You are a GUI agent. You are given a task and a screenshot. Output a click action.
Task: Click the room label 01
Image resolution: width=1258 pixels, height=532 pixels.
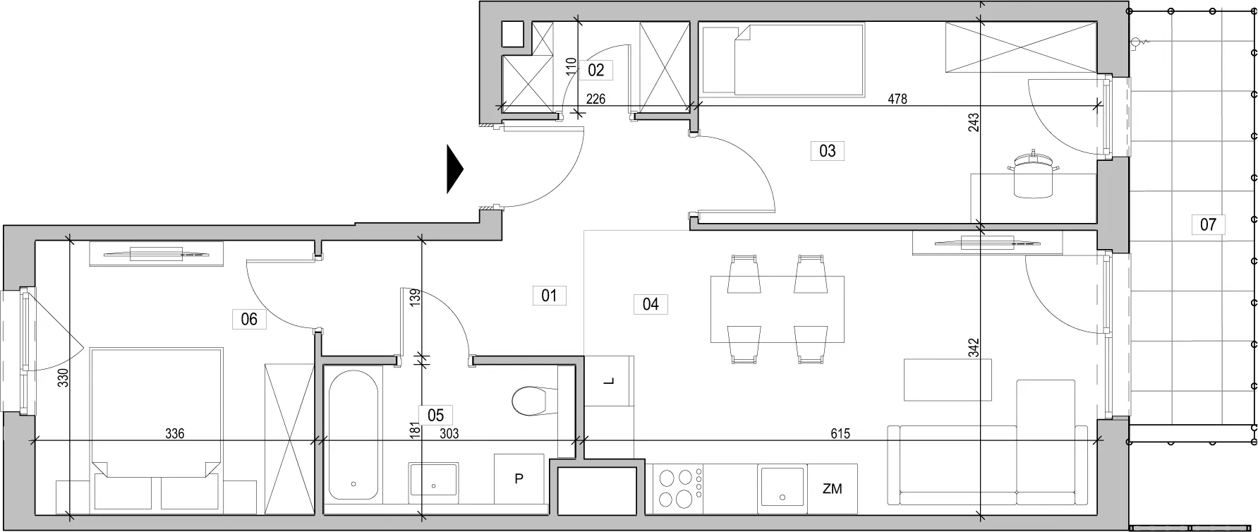click(x=549, y=295)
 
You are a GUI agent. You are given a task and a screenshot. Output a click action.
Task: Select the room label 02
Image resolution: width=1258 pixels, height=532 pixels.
click(x=595, y=70)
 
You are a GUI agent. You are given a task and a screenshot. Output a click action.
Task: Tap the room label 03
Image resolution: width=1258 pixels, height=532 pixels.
click(x=828, y=150)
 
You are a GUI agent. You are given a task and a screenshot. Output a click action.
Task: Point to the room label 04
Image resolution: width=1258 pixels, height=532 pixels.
click(x=651, y=304)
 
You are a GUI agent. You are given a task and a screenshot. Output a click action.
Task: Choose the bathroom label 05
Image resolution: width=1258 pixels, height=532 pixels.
click(x=435, y=415)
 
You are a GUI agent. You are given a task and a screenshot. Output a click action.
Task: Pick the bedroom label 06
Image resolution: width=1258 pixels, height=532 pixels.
click(x=249, y=319)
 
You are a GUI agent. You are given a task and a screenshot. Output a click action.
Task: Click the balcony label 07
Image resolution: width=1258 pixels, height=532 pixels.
click(x=1208, y=224)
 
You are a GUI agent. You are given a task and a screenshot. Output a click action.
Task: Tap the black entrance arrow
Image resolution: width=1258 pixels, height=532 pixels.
click(x=455, y=169)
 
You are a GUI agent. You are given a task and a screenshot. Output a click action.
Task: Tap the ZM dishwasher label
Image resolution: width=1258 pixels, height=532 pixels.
click(x=832, y=488)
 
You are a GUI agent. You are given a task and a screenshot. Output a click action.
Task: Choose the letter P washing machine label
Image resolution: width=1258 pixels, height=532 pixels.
click(x=519, y=479)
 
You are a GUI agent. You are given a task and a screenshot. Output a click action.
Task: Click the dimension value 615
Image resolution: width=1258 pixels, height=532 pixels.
click(x=840, y=434)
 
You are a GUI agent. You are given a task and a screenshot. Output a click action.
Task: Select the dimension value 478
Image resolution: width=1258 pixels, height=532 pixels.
click(x=897, y=99)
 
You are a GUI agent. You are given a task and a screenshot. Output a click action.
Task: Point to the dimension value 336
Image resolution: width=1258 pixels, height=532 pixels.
click(x=174, y=433)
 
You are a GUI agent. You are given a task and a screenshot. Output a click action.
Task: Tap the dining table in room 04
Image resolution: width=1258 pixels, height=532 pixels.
click(x=778, y=309)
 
